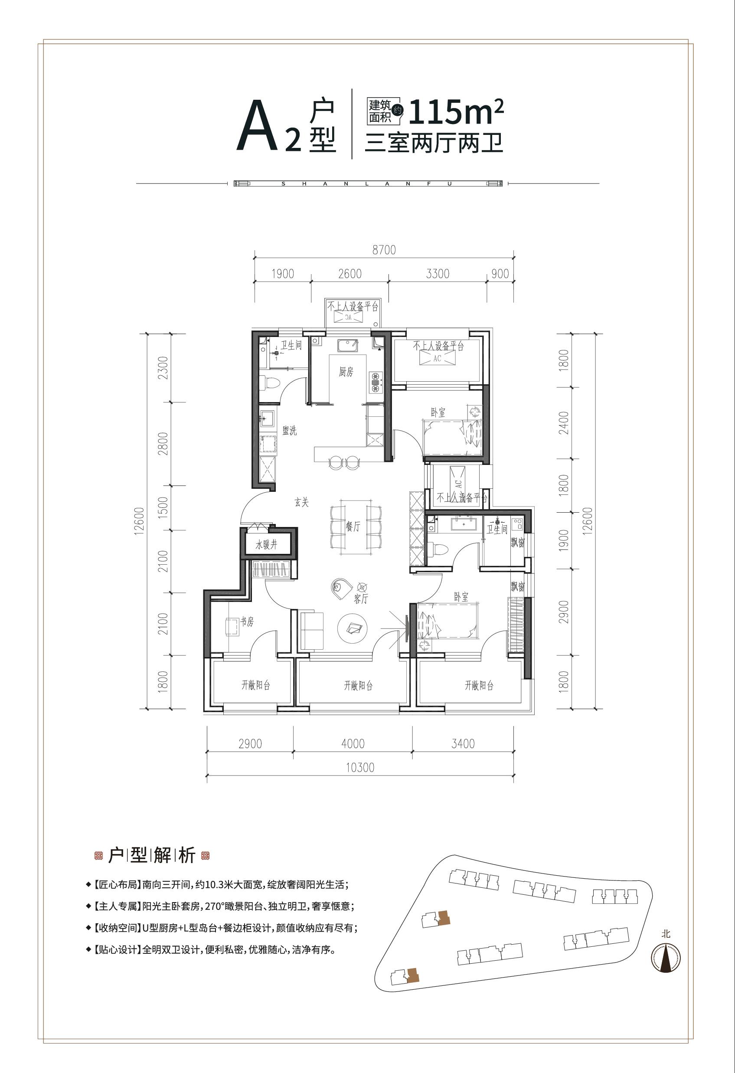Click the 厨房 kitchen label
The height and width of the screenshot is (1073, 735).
(346, 372)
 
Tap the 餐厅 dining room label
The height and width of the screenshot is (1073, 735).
(353, 526)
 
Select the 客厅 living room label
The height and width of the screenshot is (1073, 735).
(361, 599)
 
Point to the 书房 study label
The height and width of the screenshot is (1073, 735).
(247, 622)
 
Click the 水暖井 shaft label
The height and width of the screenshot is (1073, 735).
(266, 545)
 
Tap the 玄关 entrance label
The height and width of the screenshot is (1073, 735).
(301, 502)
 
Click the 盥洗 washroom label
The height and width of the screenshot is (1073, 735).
(290, 431)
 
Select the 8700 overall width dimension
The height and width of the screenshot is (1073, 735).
(384, 250)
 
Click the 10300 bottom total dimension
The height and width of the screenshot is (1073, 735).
(360, 768)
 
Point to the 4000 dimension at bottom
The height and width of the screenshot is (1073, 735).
(353, 744)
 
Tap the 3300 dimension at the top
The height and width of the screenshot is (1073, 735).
(438, 274)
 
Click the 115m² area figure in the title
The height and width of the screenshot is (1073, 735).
(455, 112)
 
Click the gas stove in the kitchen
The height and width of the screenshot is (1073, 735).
(376, 382)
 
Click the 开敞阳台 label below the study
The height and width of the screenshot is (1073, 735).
(256, 685)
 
